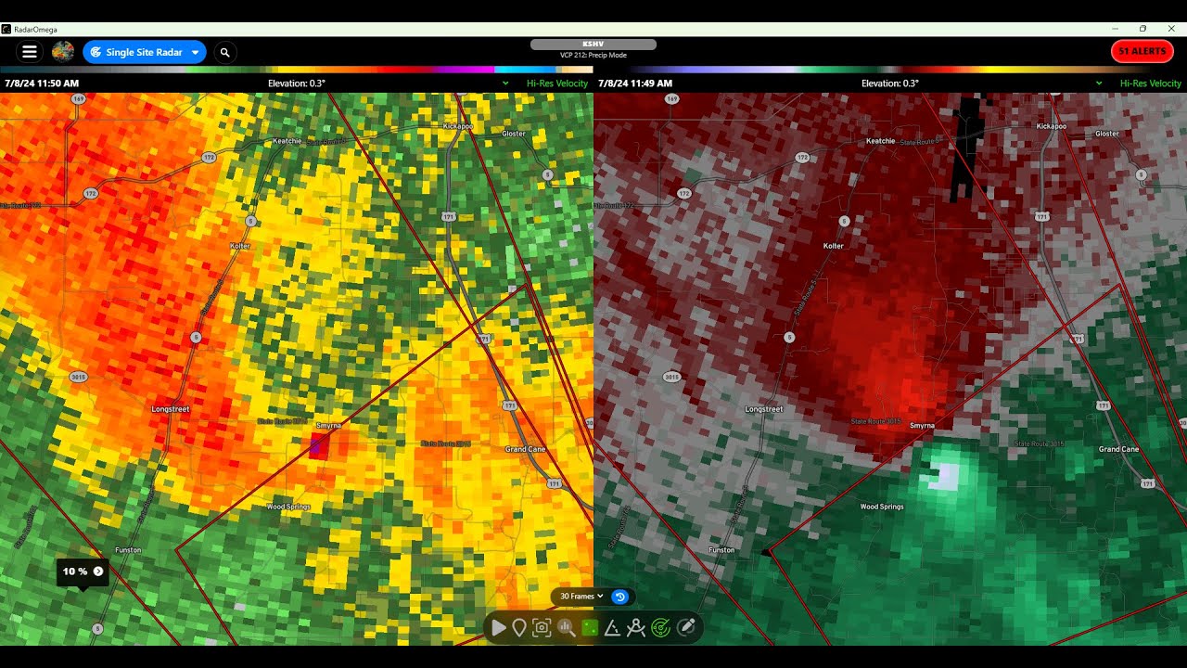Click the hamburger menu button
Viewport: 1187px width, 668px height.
tap(30, 52)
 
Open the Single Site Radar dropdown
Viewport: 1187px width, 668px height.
tap(145, 52)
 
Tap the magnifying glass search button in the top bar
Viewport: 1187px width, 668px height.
tap(225, 52)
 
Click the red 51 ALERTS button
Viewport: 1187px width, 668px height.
tap(1142, 51)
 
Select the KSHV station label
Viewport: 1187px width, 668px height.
tap(593, 45)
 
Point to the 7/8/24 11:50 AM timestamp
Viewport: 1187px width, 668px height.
tap(42, 83)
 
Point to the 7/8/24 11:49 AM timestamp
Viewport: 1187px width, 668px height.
tap(635, 83)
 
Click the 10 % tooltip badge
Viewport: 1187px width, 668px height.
tap(83, 572)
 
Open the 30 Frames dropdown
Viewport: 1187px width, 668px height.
tap(581, 597)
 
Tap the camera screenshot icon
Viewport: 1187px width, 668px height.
tap(542, 628)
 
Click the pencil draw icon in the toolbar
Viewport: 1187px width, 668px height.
tap(687, 628)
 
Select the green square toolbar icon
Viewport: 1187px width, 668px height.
tap(589, 628)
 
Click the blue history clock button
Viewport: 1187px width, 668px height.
tap(620, 597)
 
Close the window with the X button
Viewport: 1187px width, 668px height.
tap(1171, 29)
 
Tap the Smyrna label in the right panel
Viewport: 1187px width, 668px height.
tap(922, 426)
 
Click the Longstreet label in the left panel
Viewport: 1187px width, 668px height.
tap(171, 408)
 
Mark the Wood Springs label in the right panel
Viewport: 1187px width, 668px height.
tap(882, 507)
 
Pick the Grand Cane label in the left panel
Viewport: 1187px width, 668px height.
tap(525, 449)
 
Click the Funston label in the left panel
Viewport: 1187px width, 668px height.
tap(128, 550)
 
